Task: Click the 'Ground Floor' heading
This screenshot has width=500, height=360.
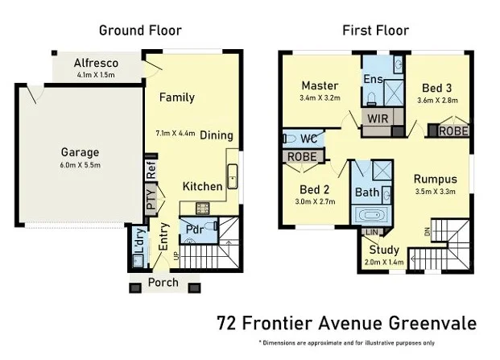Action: click(x=140, y=31)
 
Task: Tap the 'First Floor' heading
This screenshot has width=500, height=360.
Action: click(x=375, y=31)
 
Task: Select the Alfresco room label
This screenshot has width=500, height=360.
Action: click(x=97, y=63)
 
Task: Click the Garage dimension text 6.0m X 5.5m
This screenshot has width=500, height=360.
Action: click(x=80, y=165)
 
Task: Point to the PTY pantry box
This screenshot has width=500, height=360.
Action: click(x=151, y=200)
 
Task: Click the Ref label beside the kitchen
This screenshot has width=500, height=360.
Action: click(x=151, y=170)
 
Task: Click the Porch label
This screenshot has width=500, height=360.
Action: click(x=163, y=283)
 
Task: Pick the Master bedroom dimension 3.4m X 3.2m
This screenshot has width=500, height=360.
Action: click(x=320, y=99)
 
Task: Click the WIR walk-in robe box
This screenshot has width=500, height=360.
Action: click(x=376, y=118)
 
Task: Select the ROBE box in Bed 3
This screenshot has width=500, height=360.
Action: click(x=452, y=130)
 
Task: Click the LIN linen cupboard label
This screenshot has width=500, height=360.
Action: click(x=371, y=232)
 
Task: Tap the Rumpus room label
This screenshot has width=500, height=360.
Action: click(x=436, y=179)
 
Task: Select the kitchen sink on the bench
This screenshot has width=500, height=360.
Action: click(x=232, y=174)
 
